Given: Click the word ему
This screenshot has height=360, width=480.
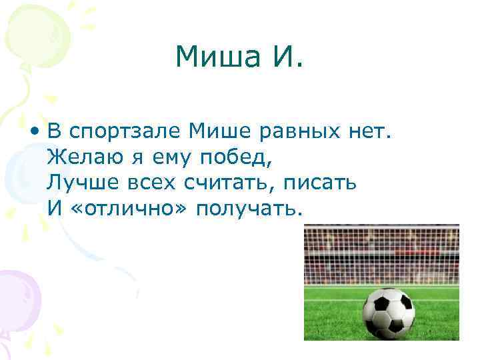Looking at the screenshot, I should click(x=173, y=159).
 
